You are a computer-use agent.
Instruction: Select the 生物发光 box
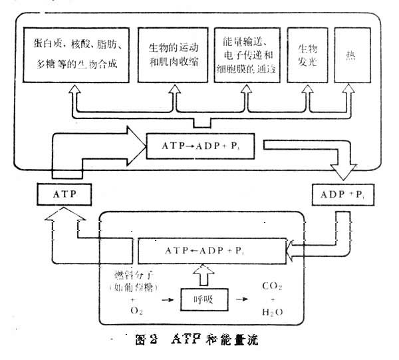pos(305,54)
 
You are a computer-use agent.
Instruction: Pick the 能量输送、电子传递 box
pos(247,54)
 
